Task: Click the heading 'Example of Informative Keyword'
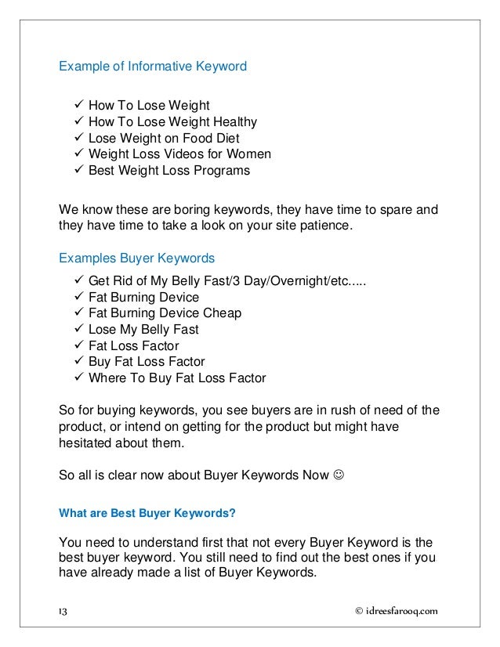(153, 67)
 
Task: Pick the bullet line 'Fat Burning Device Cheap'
(165, 313)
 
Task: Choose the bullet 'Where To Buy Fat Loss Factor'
(177, 378)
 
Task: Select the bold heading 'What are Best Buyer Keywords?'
(147, 515)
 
